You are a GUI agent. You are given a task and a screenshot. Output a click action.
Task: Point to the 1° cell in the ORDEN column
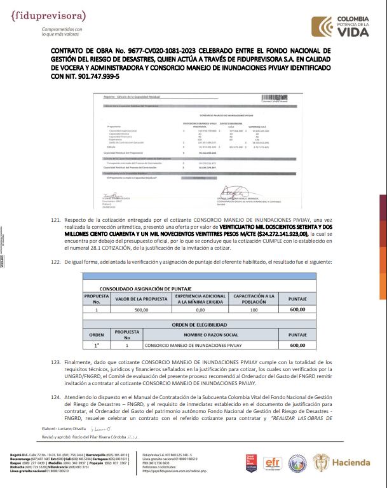pyautogui.click(x=97, y=346)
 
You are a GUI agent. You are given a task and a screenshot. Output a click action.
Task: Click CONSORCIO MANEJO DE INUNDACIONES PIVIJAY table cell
pyautogui.click(x=187, y=346)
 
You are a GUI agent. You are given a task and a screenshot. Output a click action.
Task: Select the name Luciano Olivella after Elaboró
pyautogui.click(x=80, y=430)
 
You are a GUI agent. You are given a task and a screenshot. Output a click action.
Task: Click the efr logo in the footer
pyautogui.click(x=273, y=463)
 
